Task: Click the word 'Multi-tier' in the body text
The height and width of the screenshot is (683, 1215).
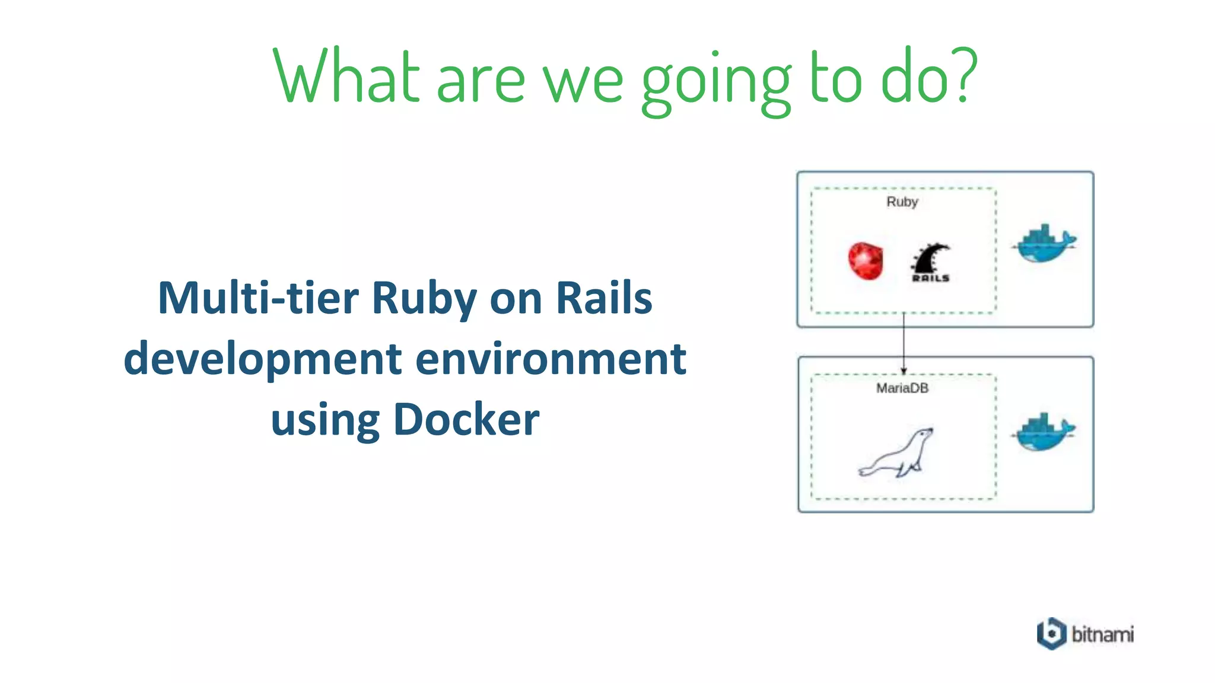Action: click(x=258, y=298)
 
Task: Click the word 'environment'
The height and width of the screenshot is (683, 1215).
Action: click(x=551, y=359)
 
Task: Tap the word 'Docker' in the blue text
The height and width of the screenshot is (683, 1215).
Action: click(x=466, y=420)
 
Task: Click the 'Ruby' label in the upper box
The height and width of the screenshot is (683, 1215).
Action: click(x=902, y=202)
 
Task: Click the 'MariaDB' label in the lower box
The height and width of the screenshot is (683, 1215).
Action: click(x=902, y=388)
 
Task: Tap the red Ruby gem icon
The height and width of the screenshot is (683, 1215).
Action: click(x=865, y=260)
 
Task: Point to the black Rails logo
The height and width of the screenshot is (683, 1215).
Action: click(x=930, y=262)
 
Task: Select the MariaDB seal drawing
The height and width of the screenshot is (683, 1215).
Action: click(x=897, y=454)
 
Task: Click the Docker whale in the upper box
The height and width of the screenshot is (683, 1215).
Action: click(x=1044, y=243)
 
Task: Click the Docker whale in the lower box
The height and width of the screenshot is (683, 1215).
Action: click(x=1044, y=431)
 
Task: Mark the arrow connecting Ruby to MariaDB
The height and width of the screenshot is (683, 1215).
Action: click(x=904, y=343)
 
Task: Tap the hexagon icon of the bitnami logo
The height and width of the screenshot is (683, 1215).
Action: click(x=1051, y=634)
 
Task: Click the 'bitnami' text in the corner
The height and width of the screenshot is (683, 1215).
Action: click(x=1102, y=634)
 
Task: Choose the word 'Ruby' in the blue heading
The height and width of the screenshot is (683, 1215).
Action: click(x=424, y=299)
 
